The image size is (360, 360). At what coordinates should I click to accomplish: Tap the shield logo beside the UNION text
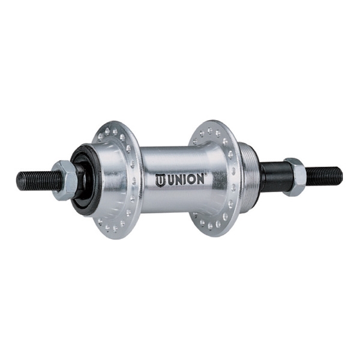pyautogui.click(x=160, y=180)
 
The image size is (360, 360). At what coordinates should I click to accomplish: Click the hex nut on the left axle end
pyautogui.click(x=64, y=180)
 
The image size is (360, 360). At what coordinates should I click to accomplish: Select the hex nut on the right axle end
pyautogui.click(x=295, y=177)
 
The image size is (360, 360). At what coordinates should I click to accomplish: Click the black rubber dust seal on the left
pyautogui.click(x=83, y=180)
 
